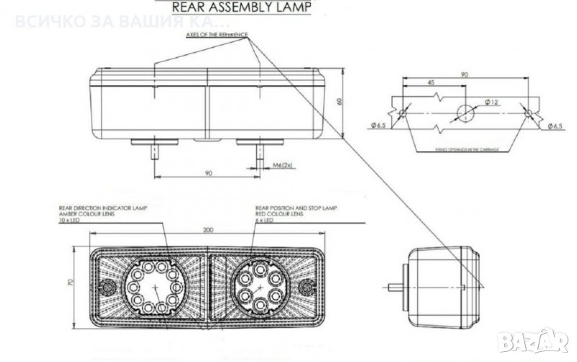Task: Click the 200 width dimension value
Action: click(208, 230)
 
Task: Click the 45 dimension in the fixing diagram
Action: click(431, 83)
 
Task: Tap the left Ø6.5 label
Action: click(380, 126)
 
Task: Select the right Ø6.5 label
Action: click(553, 126)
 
